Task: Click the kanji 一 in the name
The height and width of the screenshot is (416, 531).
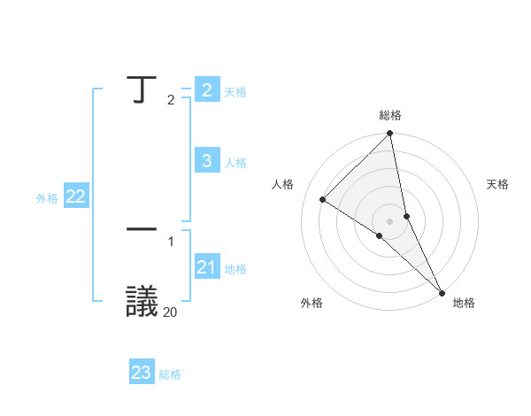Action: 141,229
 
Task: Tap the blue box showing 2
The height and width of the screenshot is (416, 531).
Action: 206,90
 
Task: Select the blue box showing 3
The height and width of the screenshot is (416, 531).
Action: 206,160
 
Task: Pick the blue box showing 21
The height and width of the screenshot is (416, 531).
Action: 206,267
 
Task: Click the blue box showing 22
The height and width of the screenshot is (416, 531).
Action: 76,196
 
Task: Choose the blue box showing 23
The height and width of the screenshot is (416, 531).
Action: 142,373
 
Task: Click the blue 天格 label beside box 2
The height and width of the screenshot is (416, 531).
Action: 235,92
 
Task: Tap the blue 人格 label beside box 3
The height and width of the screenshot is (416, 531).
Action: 235,163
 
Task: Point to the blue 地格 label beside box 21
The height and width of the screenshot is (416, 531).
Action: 235,269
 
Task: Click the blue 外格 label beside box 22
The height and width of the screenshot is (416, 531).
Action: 47,199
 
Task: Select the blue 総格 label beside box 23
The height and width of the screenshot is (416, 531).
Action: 170,375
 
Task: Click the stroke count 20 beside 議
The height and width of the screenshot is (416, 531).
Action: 171,311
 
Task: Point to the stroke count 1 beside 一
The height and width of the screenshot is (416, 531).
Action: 171,241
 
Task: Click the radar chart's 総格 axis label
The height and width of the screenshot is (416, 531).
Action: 390,115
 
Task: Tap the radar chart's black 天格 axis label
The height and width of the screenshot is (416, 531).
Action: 498,184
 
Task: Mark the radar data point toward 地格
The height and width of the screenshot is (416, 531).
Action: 442,292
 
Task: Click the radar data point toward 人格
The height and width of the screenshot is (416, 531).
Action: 323,200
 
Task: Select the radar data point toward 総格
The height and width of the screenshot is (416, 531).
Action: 390,134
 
